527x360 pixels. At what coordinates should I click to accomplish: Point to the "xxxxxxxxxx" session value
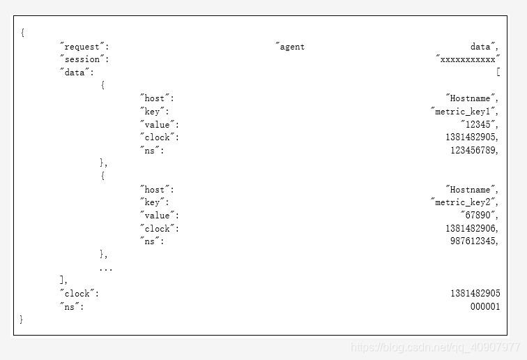pos(468,59)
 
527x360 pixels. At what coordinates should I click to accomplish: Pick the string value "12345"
pos(479,124)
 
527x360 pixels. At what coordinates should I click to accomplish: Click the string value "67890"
pos(479,215)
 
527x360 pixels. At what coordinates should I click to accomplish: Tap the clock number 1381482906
pos(471,228)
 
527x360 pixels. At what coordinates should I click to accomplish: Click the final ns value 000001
pos(485,306)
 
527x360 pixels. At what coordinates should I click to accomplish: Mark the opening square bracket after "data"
pos(498,72)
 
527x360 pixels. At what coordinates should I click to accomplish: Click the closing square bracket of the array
pos(62,280)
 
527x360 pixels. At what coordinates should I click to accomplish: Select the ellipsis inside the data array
pos(106,269)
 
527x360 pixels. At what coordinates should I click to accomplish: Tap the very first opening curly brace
pos(22,33)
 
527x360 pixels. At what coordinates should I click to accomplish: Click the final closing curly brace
pos(22,319)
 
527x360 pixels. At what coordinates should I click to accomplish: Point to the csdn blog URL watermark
pos(435,347)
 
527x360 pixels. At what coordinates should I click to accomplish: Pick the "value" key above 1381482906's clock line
pos(160,216)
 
